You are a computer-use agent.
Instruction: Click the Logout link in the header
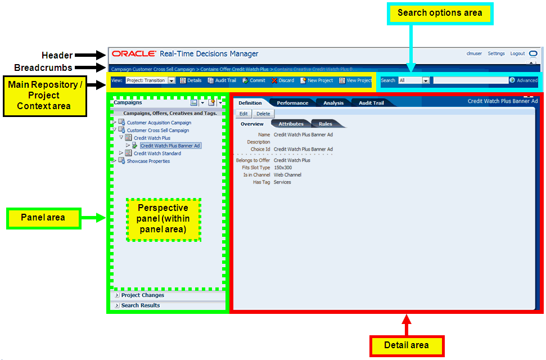[517, 54]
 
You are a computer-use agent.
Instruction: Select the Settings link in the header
[496, 54]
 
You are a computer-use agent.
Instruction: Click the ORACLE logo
[134, 54]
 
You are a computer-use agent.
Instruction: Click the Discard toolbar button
[283, 80]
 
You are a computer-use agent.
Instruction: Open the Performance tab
[292, 103]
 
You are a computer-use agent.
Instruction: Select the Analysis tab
[333, 103]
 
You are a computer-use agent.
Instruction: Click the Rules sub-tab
[325, 124]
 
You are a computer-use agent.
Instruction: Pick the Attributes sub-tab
[291, 124]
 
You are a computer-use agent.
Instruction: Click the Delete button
[263, 114]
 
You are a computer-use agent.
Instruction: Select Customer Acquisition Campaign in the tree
[159, 123]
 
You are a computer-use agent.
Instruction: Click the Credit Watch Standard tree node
[157, 153]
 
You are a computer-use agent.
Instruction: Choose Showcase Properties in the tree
[148, 161]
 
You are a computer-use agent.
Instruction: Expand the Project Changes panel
[142, 295]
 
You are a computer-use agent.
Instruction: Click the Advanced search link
[527, 80]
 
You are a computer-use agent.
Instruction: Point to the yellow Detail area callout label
[407, 345]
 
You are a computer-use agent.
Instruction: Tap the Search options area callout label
[440, 13]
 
